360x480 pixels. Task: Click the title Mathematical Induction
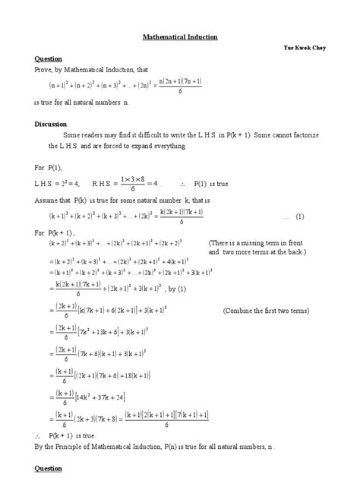pyautogui.click(x=181, y=36)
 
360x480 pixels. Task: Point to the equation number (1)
pyautogui.click(x=300, y=216)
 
